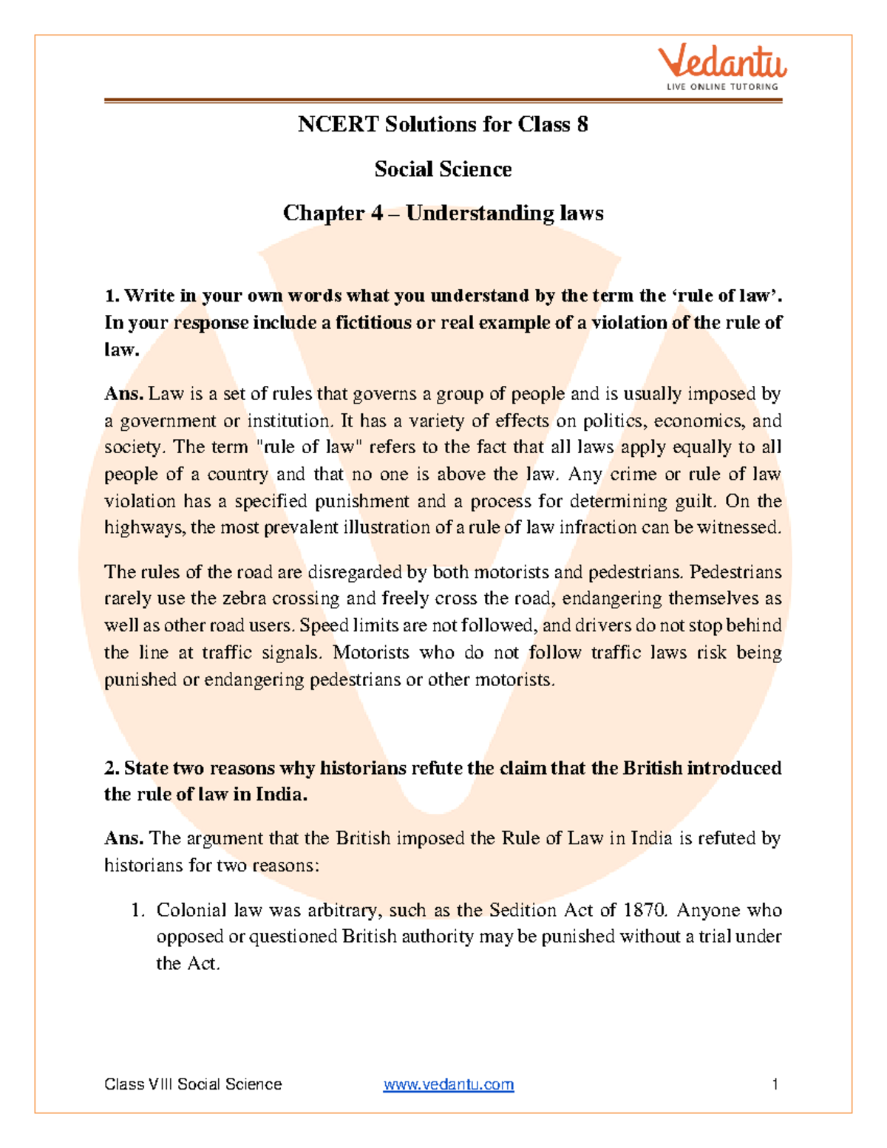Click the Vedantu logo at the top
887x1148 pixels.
pyautogui.click(x=722, y=64)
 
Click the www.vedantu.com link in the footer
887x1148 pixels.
pyautogui.click(x=448, y=1084)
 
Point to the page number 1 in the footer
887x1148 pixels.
pyautogui.click(x=775, y=1084)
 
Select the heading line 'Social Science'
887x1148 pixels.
pyautogui.click(x=443, y=169)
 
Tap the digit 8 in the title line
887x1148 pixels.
pyautogui.click(x=582, y=124)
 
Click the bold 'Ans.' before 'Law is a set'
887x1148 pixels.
pyautogui.click(x=123, y=394)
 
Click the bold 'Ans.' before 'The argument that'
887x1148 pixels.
pyautogui.click(x=123, y=838)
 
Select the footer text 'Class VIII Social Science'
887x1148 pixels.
pyautogui.click(x=193, y=1084)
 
